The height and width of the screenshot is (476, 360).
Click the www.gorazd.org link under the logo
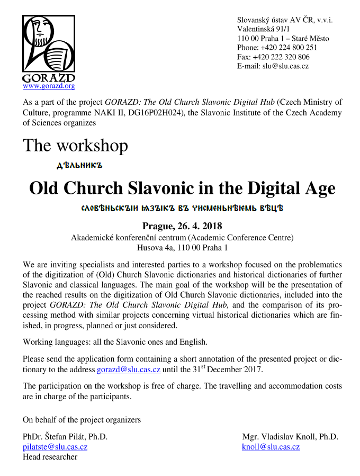click(49, 86)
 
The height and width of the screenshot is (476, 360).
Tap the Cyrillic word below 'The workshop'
click(79, 165)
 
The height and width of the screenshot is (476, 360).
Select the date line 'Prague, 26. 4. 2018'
click(182, 227)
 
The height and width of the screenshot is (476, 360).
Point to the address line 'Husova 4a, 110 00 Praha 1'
click(182, 247)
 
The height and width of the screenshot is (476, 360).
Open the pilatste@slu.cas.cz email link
click(55, 447)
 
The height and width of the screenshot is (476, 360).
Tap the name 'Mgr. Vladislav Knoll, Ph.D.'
click(290, 437)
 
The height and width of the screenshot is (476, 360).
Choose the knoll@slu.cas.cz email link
click(271, 447)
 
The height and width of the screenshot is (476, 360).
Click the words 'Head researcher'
click(50, 456)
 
